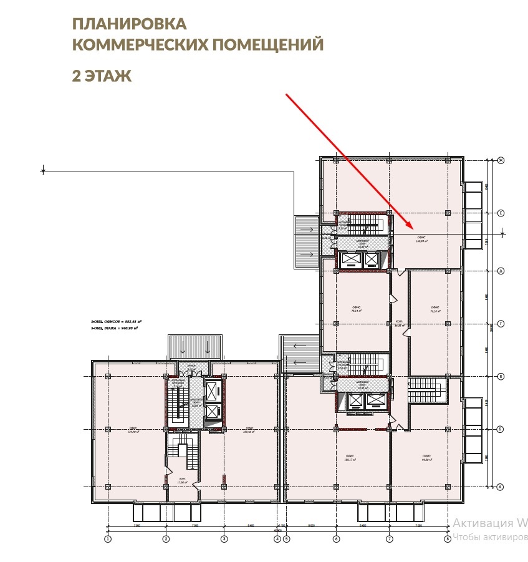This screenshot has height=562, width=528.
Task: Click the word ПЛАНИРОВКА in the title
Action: coord(130,24)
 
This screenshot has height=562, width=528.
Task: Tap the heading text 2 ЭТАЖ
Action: coord(102,76)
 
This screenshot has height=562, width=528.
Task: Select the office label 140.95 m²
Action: coord(422,239)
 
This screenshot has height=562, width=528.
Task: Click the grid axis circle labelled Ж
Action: coord(501,161)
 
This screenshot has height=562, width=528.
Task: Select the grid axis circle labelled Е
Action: coord(501,213)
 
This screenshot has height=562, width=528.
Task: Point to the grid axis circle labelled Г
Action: coord(501,324)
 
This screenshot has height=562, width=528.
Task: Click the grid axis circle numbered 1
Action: coord(108,539)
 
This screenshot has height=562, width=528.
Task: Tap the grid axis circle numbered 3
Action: coord(224,539)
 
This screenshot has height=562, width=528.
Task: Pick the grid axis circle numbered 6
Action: coord(335,539)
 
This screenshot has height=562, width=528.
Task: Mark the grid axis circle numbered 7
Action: coord(389,539)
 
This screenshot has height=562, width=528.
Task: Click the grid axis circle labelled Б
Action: coord(501,429)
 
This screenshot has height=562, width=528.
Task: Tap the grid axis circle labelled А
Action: coord(501,487)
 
